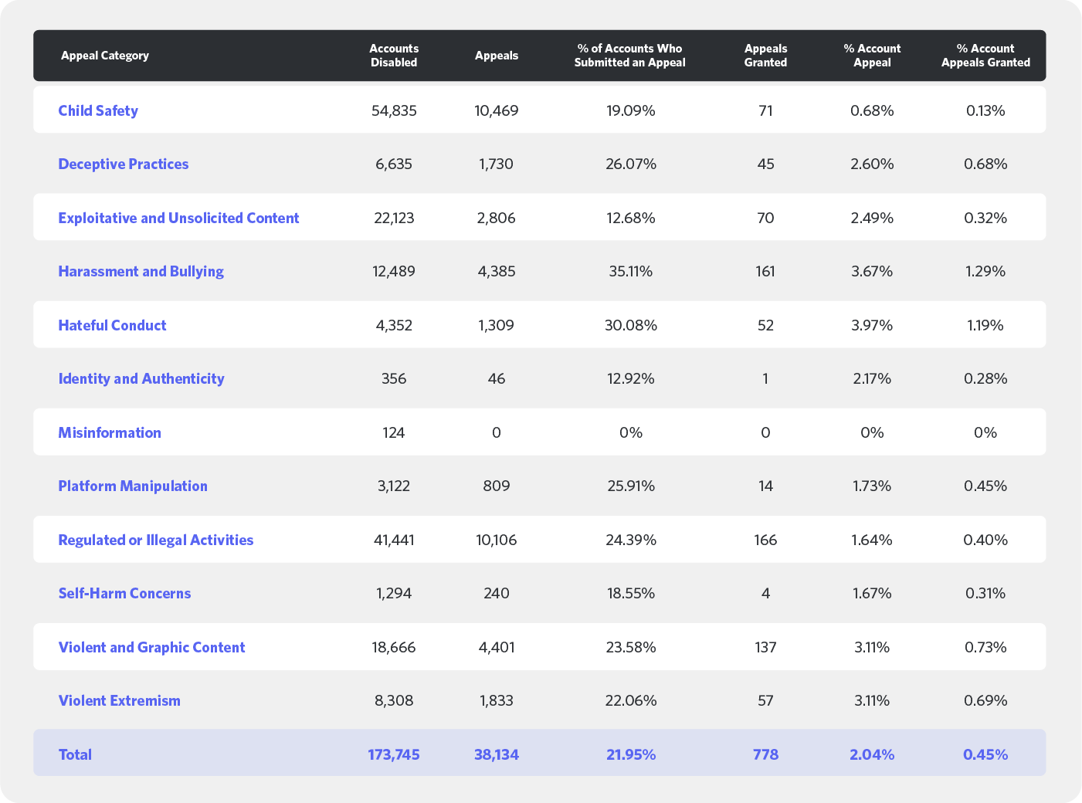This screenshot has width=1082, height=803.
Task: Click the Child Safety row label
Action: click(x=98, y=110)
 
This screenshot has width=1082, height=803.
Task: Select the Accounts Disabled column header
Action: click(x=394, y=56)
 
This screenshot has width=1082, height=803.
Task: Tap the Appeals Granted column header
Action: click(x=765, y=56)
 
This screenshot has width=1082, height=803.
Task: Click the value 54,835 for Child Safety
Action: click(x=394, y=110)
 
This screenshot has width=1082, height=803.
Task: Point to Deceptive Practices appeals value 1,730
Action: click(x=496, y=164)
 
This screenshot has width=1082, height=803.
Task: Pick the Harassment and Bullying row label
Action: click(x=141, y=271)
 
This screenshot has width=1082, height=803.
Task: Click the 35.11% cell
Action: click(x=630, y=271)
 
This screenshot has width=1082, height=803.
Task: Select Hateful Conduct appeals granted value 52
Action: click(x=765, y=325)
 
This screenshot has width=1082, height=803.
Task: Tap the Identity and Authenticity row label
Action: click(x=141, y=378)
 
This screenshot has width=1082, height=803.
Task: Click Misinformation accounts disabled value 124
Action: click(x=394, y=432)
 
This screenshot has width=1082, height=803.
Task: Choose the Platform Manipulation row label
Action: click(x=133, y=486)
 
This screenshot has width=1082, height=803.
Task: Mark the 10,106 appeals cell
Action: click(x=496, y=540)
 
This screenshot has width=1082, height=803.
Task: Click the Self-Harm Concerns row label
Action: click(x=124, y=593)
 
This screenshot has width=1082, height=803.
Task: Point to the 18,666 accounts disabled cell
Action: click(x=394, y=647)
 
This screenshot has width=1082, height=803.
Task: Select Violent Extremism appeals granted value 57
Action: click(x=765, y=700)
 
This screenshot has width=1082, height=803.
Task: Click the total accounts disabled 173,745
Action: click(x=394, y=754)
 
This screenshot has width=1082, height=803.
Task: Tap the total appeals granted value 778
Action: click(x=765, y=754)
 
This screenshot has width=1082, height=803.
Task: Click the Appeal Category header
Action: click(x=105, y=56)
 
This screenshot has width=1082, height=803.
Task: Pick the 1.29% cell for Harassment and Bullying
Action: click(x=985, y=271)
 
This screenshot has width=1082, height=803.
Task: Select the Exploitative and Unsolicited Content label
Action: click(x=178, y=218)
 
